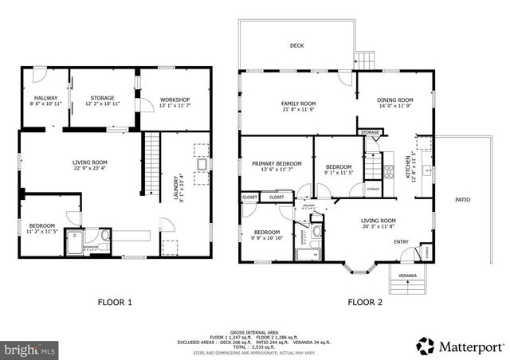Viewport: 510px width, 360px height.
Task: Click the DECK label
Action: pos(296,46)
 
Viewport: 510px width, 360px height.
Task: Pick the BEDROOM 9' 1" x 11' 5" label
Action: pos(338,170)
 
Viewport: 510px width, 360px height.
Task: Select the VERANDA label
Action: pos(407,276)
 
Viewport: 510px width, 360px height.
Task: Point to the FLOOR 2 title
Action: pos(366,302)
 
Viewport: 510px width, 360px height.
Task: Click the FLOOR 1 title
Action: pos(115,302)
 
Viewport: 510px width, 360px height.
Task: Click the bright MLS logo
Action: pos(30,349)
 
